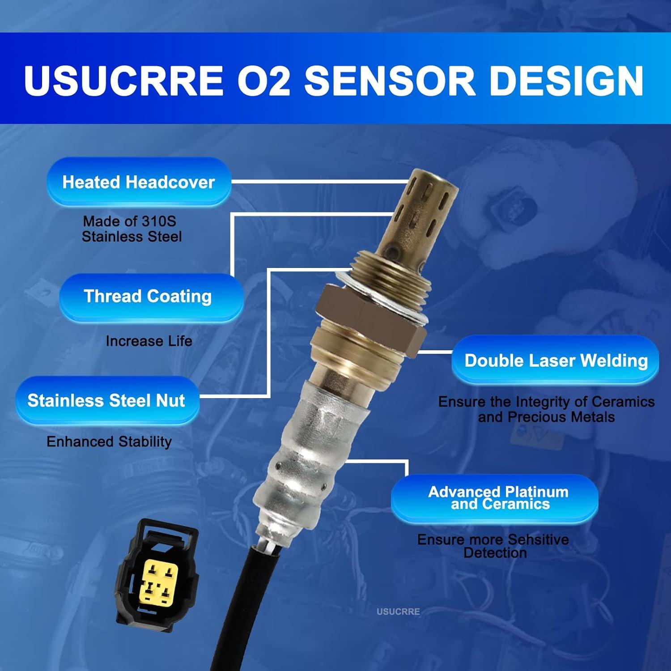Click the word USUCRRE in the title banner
coord(124,81)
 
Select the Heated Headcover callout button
coord(139,182)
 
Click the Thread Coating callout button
coord(148,297)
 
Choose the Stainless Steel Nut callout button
coord(106,400)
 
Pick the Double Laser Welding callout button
coord(556,361)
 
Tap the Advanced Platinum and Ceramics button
coord(498,498)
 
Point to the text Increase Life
coord(149,341)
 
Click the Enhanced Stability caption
coord(109,442)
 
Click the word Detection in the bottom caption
coord(495,553)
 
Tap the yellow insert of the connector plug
coord(159,582)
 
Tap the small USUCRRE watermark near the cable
coord(398,612)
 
